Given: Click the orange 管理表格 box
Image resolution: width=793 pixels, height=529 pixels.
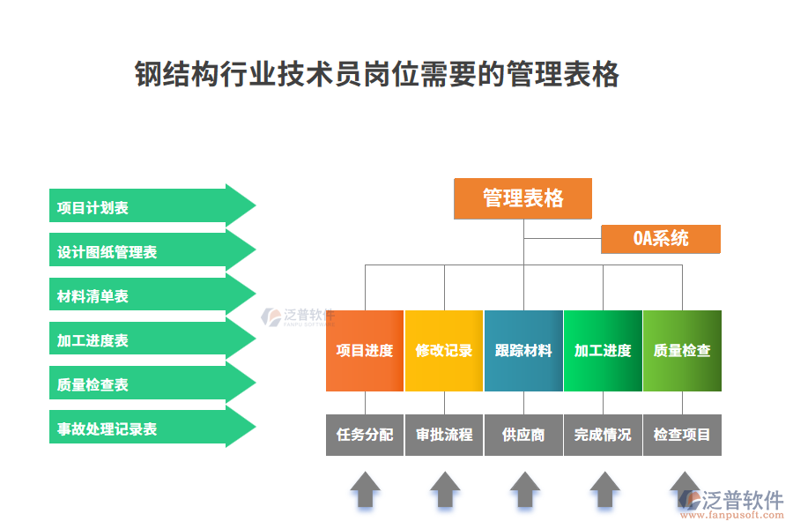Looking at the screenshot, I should [x=522, y=198].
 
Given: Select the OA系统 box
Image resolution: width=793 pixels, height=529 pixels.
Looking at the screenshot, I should [x=661, y=239].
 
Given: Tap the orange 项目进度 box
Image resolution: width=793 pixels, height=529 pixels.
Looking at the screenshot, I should [x=365, y=351].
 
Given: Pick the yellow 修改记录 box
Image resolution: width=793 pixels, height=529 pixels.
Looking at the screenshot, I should [x=444, y=351].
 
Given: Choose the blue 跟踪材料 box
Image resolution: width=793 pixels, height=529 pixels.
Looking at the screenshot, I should [x=523, y=351].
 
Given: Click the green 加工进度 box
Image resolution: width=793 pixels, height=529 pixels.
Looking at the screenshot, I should [x=603, y=351].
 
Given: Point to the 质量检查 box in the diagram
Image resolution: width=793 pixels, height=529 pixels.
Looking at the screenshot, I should [x=682, y=351].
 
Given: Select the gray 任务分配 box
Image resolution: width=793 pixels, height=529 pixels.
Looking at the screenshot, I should [x=365, y=435].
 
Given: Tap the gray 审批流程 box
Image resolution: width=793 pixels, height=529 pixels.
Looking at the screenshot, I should [x=444, y=435].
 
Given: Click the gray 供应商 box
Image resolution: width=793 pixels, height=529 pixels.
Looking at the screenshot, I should [x=523, y=435].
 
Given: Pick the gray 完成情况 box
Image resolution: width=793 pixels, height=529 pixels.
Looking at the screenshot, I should [x=603, y=435].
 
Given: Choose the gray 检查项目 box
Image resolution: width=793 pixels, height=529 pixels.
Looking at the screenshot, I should [x=682, y=435].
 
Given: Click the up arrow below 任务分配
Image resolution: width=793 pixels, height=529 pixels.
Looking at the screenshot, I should [x=366, y=489].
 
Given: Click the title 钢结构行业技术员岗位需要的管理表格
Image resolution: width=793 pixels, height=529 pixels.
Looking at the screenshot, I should [x=377, y=75].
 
